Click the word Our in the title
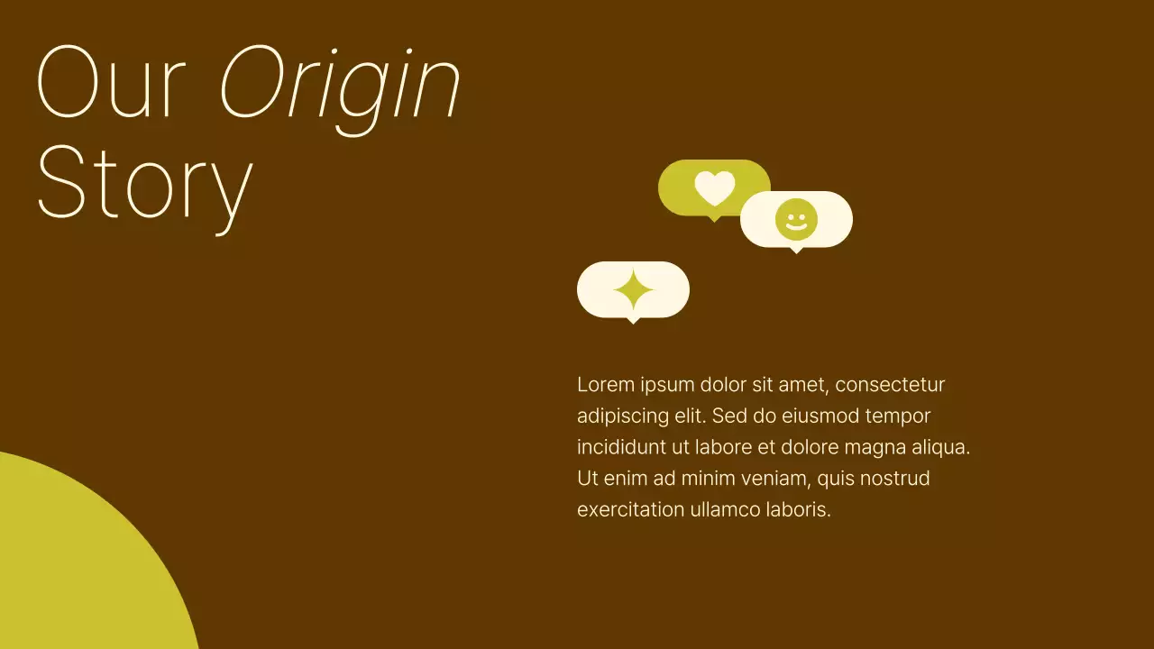point(112,83)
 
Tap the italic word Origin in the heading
point(340,86)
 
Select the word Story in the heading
point(144,184)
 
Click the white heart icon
point(714,187)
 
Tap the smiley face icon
point(796,220)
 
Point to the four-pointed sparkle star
point(633,289)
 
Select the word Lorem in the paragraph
point(605,385)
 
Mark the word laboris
point(799,509)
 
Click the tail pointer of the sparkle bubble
point(633,320)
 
